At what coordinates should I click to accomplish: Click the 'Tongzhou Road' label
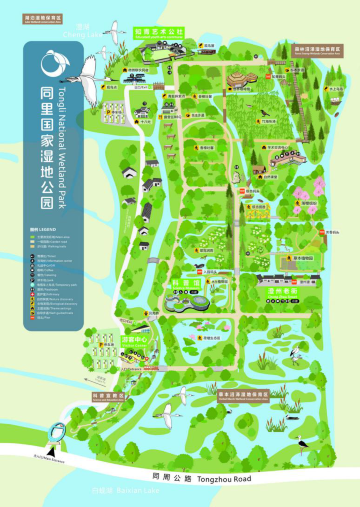(x=240, y=479)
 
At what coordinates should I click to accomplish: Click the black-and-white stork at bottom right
(x=304, y=441)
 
